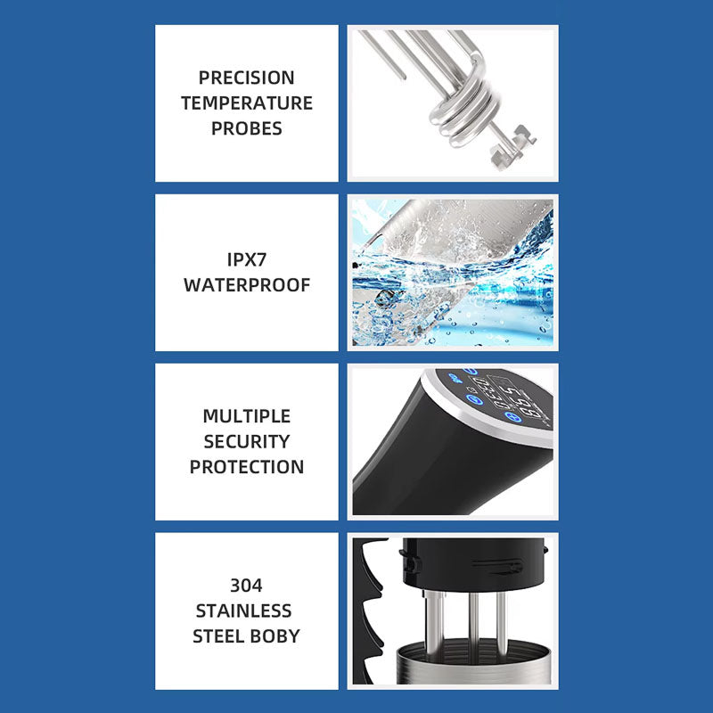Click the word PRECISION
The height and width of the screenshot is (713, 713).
point(247,78)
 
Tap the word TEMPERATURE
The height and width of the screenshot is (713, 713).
point(247,103)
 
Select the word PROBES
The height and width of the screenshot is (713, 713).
point(247,128)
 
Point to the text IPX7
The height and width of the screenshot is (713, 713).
point(247,259)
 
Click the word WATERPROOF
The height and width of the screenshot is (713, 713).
point(247,285)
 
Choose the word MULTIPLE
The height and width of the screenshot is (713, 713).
point(247,416)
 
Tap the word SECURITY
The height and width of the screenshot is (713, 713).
point(247,441)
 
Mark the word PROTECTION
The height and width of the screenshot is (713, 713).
point(247,467)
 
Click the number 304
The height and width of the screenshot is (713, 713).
point(247,586)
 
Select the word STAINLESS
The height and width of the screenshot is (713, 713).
point(243,611)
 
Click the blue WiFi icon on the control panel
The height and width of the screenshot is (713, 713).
point(455,376)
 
